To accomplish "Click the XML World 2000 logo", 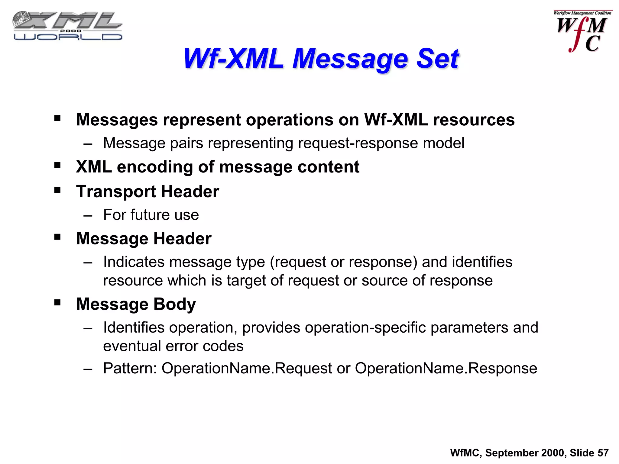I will pos(67,26).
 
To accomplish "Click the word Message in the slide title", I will pos(350,59).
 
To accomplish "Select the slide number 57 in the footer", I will pos(603,453).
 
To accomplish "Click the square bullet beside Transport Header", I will pos(57,190).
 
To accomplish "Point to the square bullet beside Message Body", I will pos(57,303).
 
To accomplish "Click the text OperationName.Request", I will pos(247,368).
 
